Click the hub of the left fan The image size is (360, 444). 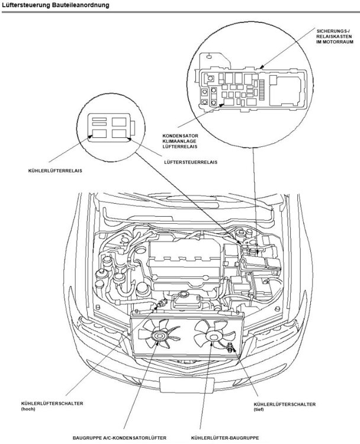(159, 337)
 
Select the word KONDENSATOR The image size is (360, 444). (180, 136)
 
